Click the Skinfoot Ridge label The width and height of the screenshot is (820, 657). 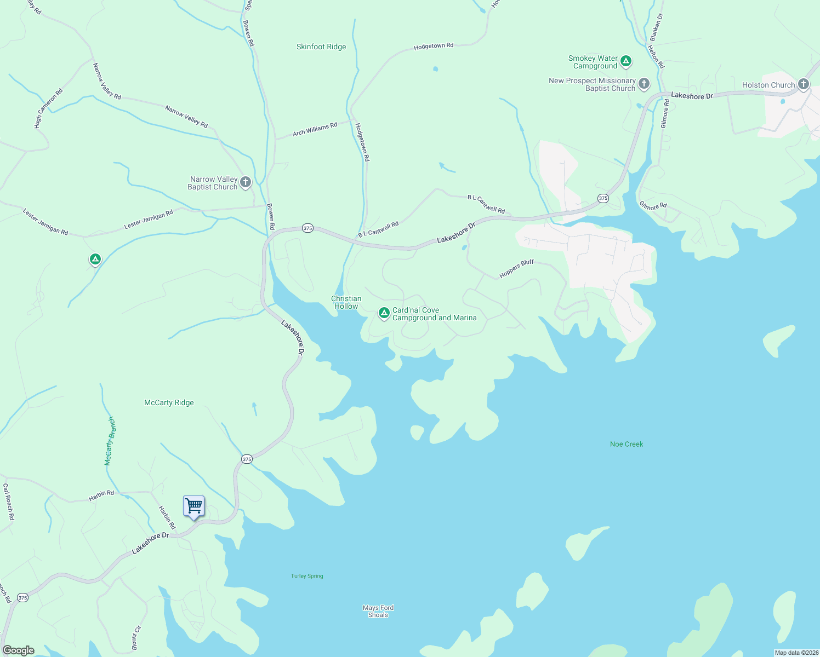(321, 47)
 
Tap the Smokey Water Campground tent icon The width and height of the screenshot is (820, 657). (626, 61)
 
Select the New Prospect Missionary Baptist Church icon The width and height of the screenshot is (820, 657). (644, 84)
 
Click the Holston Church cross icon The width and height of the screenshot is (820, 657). (803, 84)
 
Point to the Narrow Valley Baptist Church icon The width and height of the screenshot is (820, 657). (246, 182)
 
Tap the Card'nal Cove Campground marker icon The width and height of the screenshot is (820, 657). (384, 313)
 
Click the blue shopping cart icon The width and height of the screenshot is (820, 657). (193, 506)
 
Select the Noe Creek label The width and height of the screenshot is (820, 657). (627, 444)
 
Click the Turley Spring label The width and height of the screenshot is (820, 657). (307, 576)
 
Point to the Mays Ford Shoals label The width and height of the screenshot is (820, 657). (378, 611)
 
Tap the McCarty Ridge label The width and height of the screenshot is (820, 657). (169, 403)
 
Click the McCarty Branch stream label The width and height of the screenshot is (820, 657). (110, 441)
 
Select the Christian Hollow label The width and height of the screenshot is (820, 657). (346, 303)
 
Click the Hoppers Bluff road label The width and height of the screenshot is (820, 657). (516, 268)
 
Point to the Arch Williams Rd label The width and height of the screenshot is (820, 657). (315, 130)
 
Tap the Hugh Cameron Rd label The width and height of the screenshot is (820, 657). (48, 108)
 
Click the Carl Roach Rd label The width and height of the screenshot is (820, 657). (8, 502)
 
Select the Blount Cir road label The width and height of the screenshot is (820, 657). (136, 637)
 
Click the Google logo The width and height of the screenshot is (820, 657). (19, 650)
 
